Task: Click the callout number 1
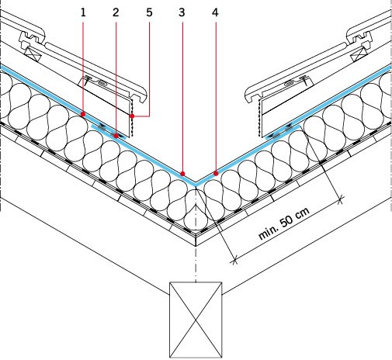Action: [x=83, y=12]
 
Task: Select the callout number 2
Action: [x=116, y=12]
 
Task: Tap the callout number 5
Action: [x=149, y=12]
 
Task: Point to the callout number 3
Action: [x=182, y=12]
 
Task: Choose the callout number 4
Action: [x=215, y=12]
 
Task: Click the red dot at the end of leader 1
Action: [x=83, y=114]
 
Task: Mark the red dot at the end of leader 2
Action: [x=116, y=136]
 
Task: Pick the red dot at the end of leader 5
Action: [x=132, y=116]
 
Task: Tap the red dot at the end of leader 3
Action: [x=182, y=173]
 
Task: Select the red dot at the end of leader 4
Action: [x=216, y=173]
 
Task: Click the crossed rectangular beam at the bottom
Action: [x=196, y=320]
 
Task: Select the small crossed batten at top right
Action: [x=359, y=54]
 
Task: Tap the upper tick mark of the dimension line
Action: [x=341, y=199]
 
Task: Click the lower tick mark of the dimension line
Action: [x=234, y=261]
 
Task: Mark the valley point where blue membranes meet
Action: [x=196, y=184]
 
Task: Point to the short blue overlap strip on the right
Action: [x=283, y=132]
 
